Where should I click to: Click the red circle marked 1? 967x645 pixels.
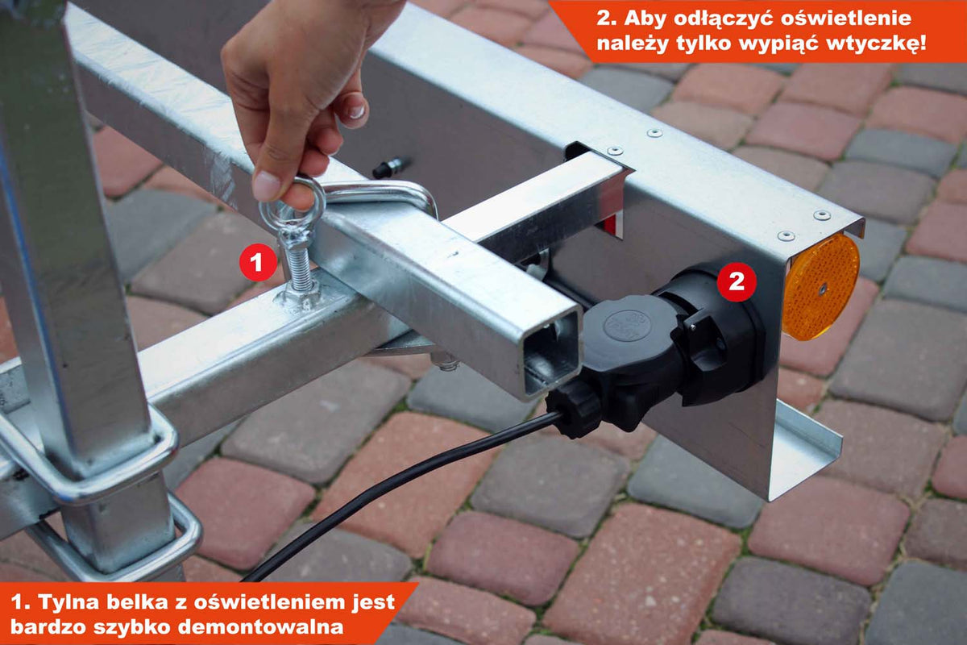click(258, 262)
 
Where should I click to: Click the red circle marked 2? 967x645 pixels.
click(737, 281)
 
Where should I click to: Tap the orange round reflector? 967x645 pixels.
click(820, 286)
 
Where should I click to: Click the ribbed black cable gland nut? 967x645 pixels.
click(574, 406)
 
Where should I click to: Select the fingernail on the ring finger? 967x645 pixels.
click(357, 111)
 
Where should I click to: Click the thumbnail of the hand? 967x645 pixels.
click(267, 185)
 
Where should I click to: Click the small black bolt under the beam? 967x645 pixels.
click(390, 168)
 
